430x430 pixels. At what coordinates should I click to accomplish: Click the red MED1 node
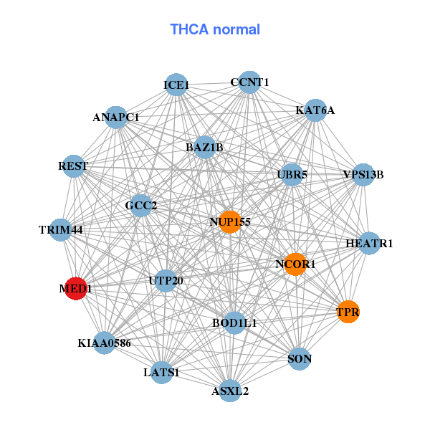point(76,289)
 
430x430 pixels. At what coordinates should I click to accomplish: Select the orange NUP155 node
point(229,221)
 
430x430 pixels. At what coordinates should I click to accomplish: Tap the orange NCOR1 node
point(295,264)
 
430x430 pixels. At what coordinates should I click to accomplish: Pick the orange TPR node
point(348,312)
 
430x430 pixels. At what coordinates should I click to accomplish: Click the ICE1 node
point(176,85)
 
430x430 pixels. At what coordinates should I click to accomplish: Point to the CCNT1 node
point(249,82)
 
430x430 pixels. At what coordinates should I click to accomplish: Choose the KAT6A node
point(315,110)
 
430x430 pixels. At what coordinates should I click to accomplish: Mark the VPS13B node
point(363,174)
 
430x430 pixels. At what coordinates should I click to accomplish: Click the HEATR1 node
point(369,244)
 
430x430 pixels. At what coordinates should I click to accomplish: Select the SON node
point(300,358)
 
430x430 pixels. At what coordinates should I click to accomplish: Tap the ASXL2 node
point(230,391)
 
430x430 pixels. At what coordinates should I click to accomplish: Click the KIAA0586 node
point(105,343)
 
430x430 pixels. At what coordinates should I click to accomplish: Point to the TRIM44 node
point(62,230)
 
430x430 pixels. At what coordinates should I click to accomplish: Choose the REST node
point(74,166)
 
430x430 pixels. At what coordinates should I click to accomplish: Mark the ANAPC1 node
point(116,117)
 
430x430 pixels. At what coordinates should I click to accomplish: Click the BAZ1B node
point(205,147)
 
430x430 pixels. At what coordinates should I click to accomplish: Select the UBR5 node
point(291,174)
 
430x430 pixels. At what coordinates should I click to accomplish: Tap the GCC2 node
point(141,206)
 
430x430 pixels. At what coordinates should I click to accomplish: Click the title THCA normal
point(215,29)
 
